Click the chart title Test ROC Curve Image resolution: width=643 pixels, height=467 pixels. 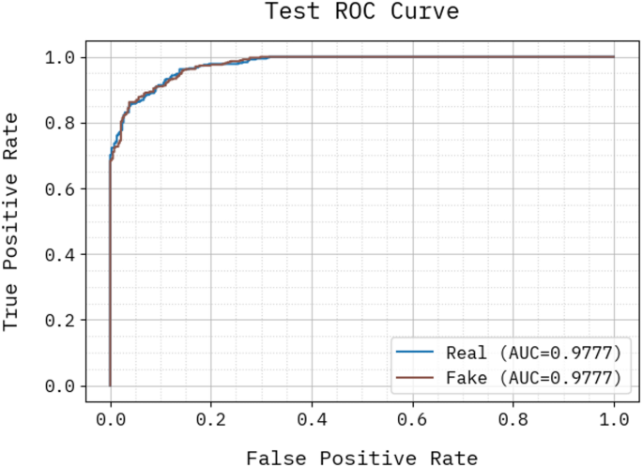[x=349, y=12]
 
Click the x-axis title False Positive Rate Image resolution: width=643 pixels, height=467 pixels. [x=361, y=458]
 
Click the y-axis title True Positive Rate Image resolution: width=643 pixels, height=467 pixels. [x=11, y=220]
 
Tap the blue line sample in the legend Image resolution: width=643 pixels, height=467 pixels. [x=415, y=354]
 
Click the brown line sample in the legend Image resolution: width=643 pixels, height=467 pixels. [x=415, y=377]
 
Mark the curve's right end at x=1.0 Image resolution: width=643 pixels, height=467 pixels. [x=614, y=57]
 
